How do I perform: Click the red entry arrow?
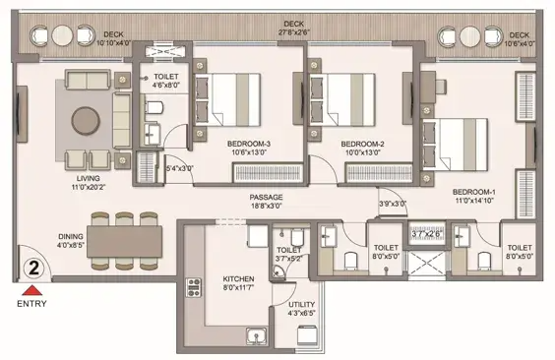(32, 290)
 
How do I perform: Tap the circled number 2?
(34, 269)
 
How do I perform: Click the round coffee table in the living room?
(86, 121)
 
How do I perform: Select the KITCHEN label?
(238, 279)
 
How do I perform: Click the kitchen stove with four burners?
(194, 287)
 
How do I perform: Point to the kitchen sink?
(257, 336)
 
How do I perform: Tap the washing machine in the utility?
(306, 334)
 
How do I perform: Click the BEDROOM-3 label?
(249, 144)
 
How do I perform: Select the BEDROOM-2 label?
(362, 144)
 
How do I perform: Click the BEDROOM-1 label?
(474, 192)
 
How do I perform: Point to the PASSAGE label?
(266, 198)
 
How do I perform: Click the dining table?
(125, 242)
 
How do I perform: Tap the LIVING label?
(89, 178)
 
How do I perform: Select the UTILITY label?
(301, 305)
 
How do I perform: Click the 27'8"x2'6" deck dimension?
(293, 32)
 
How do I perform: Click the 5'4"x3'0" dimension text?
(180, 168)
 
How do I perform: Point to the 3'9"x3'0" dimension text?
(393, 204)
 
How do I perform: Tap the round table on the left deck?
(62, 35)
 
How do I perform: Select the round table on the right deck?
(470, 36)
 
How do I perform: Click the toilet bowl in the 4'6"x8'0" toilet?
(154, 107)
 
